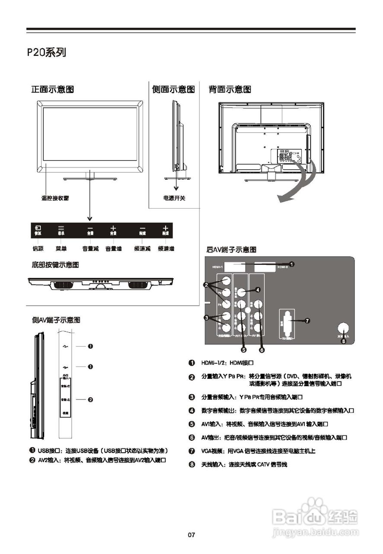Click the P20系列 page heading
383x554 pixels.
tap(46, 53)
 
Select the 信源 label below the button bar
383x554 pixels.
tap(38, 249)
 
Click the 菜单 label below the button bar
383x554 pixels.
tap(61, 249)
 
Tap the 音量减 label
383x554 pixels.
tap(90, 249)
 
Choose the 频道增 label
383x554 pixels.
tap(166, 249)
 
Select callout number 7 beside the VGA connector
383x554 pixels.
tap(307, 321)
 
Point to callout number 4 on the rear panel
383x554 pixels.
tap(258, 290)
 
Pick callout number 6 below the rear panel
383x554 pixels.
tap(262, 349)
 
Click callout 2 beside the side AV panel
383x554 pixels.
tap(90, 399)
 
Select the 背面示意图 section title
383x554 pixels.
tap(230, 90)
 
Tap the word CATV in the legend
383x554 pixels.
tap(264, 465)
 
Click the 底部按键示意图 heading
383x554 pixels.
tap(55, 265)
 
